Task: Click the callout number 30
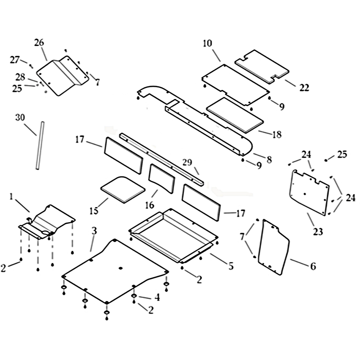[20, 117]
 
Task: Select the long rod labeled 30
[40, 145]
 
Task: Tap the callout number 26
[39, 42]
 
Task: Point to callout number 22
[304, 87]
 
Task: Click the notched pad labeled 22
[262, 66]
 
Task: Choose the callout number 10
[207, 43]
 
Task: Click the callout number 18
[277, 134]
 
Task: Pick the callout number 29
[187, 162]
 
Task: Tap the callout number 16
[149, 205]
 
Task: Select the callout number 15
[94, 211]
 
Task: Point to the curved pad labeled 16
[162, 178]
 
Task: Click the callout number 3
[94, 231]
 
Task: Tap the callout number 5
[231, 266]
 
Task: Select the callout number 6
[313, 266]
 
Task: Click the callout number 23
[318, 232]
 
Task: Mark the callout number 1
[11, 197]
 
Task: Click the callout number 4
[157, 297]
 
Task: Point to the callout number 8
[269, 159]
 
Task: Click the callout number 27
[15, 60]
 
